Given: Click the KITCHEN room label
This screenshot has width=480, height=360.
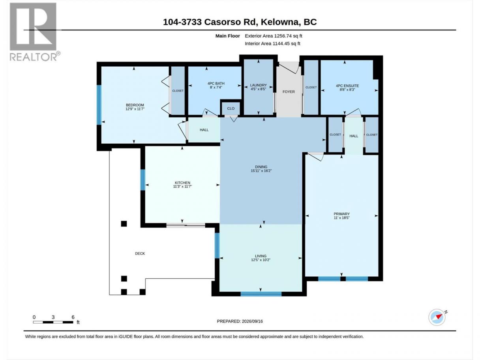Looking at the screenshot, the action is tap(182, 183).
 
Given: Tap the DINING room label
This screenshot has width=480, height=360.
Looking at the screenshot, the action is tap(261, 167).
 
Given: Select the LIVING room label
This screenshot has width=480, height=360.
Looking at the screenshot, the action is tap(261, 256).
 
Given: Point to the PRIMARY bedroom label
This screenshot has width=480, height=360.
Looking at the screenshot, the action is tap(341, 214).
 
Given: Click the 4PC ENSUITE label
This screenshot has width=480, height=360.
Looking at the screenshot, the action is tap(347, 86).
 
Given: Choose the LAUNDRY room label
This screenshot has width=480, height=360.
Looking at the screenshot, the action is tap(259, 85).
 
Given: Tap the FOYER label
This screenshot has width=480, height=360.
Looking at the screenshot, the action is tap(289, 92).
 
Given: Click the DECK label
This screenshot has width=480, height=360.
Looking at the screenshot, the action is tap(140, 253).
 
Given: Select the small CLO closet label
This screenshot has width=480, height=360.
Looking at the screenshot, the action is tap(231, 109).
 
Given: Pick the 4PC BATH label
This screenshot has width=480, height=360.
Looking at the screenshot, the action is tap(216, 84).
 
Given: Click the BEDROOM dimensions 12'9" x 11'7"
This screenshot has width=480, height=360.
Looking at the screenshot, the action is tap(135, 109).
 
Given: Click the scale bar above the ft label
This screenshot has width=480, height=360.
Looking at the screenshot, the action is tap(53, 322).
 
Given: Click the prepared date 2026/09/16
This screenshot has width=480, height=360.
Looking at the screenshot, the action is tap(252, 321).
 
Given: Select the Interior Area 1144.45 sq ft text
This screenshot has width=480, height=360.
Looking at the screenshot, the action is tap(272, 43).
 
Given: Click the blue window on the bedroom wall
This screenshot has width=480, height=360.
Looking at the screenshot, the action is tap(99, 105).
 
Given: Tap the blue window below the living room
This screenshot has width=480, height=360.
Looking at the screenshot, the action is tap(261, 294).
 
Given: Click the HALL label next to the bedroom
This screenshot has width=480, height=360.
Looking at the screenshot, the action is tap(204, 130).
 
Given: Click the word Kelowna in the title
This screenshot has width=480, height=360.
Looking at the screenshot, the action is tap(278, 22).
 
